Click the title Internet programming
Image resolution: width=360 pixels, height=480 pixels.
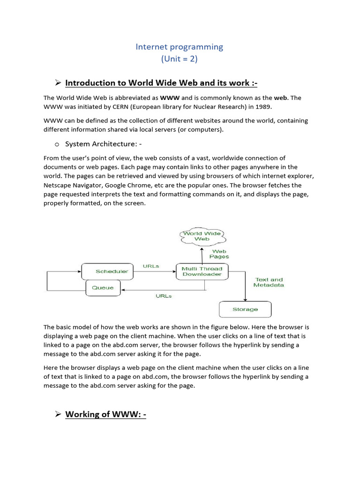pyautogui.click(x=180, y=47)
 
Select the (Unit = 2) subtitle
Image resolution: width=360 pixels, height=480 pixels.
pyautogui.click(x=180, y=59)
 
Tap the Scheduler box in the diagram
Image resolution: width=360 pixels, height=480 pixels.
pyautogui.click(x=112, y=271)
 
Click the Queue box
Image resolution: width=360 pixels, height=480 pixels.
pyautogui.click(x=103, y=288)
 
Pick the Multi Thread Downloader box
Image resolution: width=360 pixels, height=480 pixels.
pyautogui.click(x=202, y=271)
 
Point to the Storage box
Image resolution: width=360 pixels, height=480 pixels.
pyautogui.click(x=245, y=309)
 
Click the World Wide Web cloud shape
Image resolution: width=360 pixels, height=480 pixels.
pyautogui.click(x=202, y=236)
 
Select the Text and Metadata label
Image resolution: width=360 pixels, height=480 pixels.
pyautogui.click(x=269, y=282)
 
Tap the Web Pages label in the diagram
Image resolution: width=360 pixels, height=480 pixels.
pyautogui.click(x=219, y=254)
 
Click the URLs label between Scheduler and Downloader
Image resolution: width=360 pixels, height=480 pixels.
pyautogui.click(x=151, y=266)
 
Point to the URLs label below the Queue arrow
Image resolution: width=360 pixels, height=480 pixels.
pyautogui.click(x=163, y=296)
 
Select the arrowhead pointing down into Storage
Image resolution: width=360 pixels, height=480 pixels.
pyautogui.click(x=245, y=299)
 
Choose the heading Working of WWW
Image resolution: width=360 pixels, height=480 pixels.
pyautogui.click(x=105, y=414)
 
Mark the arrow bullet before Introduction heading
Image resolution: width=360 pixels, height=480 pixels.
pyautogui.click(x=58, y=83)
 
